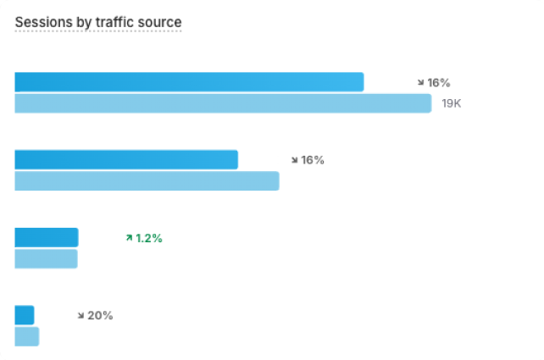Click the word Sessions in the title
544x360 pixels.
point(42,21)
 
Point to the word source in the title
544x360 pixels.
point(160,21)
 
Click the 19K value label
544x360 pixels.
point(451,103)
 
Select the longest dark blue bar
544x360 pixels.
point(189,82)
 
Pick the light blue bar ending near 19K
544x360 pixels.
point(223,103)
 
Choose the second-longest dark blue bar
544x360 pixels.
point(126,159)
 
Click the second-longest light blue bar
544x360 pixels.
point(147,180)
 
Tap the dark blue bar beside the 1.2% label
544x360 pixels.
point(47,237)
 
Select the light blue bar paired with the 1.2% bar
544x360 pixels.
point(46,258)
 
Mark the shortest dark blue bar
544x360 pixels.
point(25,315)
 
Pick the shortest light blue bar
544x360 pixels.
point(27,336)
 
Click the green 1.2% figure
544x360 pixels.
point(149,238)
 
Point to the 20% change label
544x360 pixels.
point(100,315)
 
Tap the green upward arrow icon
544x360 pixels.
point(129,238)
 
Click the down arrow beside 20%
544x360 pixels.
point(81,315)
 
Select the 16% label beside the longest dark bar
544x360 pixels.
point(439,83)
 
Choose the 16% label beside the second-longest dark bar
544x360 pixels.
point(313,159)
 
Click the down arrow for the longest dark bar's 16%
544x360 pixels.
point(420,83)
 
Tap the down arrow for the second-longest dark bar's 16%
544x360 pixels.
point(294,159)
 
